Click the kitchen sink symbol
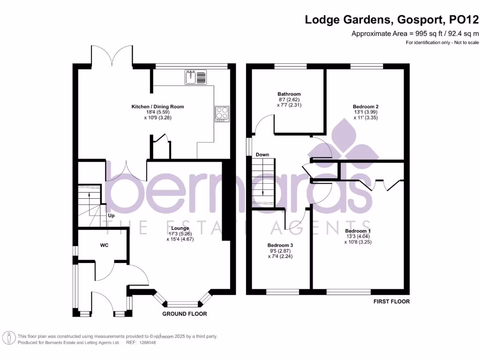pos(196,77)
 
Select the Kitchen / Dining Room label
pos(157,107)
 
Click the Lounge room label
pos(180,228)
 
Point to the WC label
pos(104,245)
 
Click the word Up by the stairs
pos(112,216)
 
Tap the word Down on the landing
pos(262,155)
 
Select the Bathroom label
pos(289,94)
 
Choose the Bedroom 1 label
pos(358,231)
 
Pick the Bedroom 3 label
pos(280,245)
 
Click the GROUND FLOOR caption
pos(185,314)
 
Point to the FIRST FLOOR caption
pos(391,301)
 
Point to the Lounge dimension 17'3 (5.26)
pos(180,233)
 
